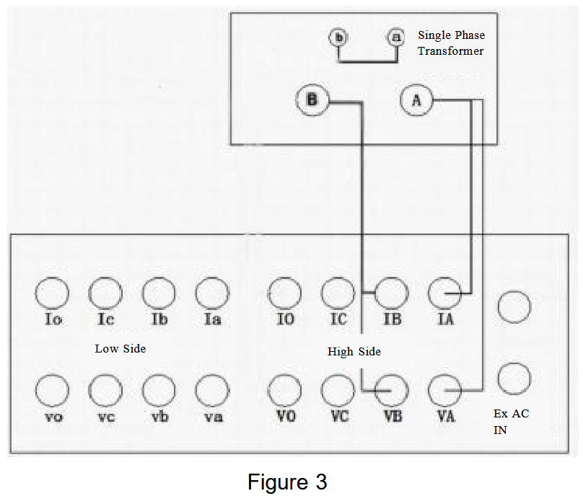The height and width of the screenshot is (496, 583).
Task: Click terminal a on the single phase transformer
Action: (x=395, y=37)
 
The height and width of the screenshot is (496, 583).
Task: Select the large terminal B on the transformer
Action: (x=312, y=100)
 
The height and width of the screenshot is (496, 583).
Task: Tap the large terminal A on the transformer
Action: (x=416, y=101)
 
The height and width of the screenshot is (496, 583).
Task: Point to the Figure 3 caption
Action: (x=287, y=481)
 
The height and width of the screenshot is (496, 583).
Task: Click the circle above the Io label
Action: (x=53, y=294)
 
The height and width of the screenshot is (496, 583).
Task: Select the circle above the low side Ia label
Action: (x=212, y=294)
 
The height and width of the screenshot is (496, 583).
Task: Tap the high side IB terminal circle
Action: (x=391, y=294)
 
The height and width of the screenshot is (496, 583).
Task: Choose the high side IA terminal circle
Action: (x=445, y=294)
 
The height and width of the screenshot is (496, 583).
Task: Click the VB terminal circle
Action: (x=391, y=391)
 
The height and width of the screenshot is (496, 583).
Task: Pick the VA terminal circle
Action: (x=445, y=391)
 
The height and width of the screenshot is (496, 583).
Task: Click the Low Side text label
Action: (x=120, y=349)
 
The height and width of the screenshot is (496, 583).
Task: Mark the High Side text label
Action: (x=354, y=352)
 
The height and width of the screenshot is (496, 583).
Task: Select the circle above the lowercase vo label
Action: (x=53, y=391)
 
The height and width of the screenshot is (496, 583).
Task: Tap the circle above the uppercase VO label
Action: (x=285, y=391)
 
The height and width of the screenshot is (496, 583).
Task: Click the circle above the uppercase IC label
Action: (x=338, y=294)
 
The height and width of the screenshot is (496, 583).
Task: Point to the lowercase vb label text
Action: (x=159, y=417)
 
